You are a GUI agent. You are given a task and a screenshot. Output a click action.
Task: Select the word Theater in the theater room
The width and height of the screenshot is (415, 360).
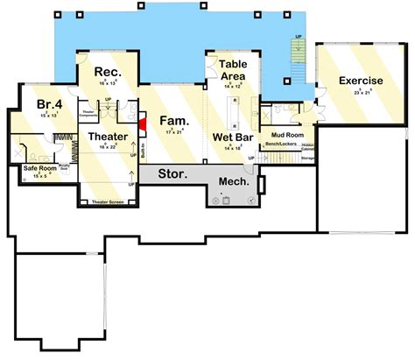pyautogui.click(x=108, y=137)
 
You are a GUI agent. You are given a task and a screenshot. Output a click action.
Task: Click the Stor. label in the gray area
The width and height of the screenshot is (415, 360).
pyautogui.click(x=172, y=174)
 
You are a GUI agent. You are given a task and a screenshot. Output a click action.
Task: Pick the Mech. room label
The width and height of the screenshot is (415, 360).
pyautogui.click(x=234, y=184)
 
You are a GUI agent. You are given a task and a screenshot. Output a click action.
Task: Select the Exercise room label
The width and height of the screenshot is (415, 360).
pyautogui.click(x=361, y=81)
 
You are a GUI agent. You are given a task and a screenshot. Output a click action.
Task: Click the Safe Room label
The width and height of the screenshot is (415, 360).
pyautogui.click(x=41, y=167)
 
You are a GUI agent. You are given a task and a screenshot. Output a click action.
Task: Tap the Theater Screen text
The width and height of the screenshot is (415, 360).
pyautogui.click(x=108, y=202)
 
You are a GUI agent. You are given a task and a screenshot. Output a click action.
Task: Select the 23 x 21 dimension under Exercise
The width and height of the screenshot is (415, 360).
pyautogui.click(x=361, y=92)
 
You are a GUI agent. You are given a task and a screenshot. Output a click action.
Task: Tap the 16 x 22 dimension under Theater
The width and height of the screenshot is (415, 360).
pyautogui.click(x=108, y=147)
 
